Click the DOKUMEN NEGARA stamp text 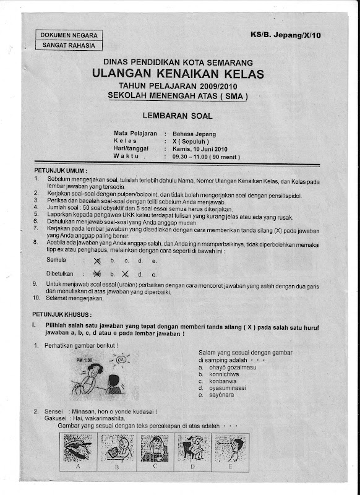[x=69, y=35]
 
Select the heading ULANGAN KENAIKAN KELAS [x=178, y=74]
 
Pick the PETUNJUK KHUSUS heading [x=62, y=314]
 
